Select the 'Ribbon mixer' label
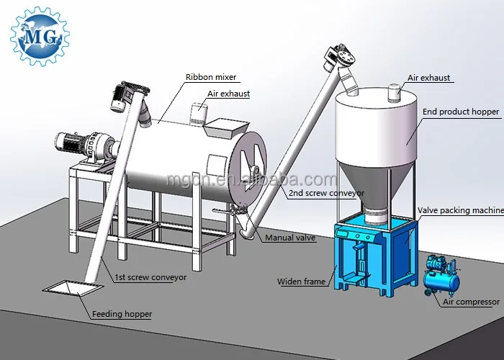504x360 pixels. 211,77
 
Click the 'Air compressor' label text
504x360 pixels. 471,302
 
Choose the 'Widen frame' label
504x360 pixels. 301,282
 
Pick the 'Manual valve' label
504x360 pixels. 290,237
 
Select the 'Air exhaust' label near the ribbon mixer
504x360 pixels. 228,94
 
